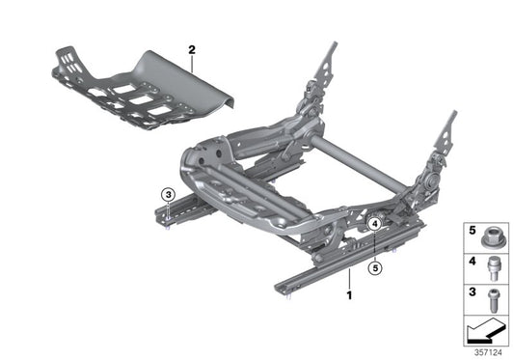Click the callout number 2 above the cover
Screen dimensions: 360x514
coord(192,48)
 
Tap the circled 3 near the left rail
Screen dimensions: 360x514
coord(167,194)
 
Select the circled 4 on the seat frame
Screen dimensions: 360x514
coord(374,224)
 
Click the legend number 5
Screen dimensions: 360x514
coord(473,232)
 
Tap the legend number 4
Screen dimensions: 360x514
coord(473,262)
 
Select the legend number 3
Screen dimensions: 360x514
coord(473,292)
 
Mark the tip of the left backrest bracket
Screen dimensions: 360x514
coord(336,43)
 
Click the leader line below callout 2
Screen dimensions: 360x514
coord(192,62)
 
